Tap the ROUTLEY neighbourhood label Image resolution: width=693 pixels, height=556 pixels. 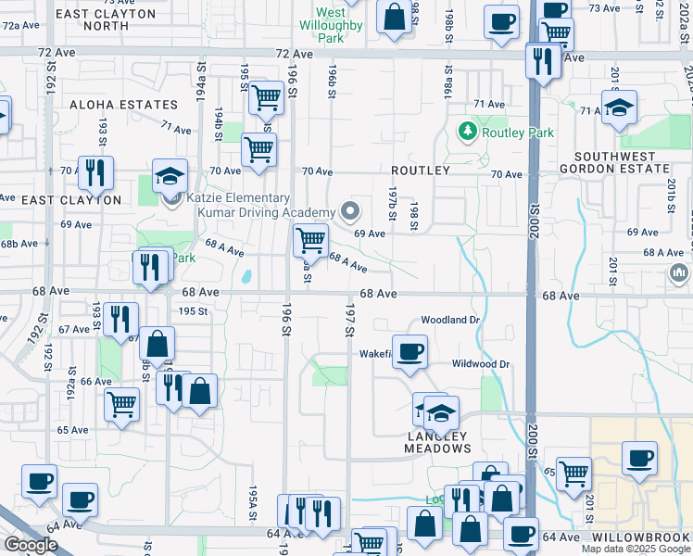coord(420,171)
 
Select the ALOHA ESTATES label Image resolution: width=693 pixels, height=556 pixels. coord(123,106)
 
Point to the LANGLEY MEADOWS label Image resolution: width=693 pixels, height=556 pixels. coord(437,442)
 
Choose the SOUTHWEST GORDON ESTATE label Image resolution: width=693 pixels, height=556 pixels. coord(620,163)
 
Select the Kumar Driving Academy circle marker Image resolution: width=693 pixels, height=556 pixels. coord(349,212)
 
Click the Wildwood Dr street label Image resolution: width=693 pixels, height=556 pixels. coord(480,364)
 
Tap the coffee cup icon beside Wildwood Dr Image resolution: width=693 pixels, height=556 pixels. coord(409,351)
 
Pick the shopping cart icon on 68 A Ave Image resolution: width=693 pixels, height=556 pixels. coord(310,240)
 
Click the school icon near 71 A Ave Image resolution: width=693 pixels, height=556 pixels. coord(618,107)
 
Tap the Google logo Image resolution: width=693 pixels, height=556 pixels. coord(31,544)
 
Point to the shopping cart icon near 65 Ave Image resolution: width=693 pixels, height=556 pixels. coord(122,404)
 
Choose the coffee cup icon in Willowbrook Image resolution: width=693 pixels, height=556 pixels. coord(638,458)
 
